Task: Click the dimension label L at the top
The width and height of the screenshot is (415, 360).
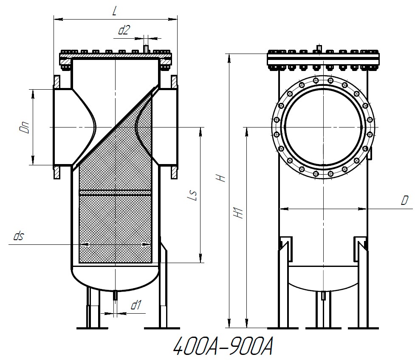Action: [115, 11]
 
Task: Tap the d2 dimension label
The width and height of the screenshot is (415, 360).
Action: [124, 30]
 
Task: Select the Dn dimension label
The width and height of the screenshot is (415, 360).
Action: [26, 128]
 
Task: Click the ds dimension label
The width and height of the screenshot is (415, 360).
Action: [18, 237]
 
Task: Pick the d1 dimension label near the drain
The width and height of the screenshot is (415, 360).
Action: [136, 305]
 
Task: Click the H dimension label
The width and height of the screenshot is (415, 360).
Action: [221, 178]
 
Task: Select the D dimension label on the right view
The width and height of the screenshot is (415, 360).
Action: [404, 201]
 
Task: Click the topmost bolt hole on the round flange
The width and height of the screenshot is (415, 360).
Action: [323, 79]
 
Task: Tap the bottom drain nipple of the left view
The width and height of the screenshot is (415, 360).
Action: [115, 295]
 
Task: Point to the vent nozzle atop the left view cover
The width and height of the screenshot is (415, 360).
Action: [146, 49]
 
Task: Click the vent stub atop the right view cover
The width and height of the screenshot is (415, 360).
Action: [319, 48]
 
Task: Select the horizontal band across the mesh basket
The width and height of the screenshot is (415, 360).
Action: [116, 193]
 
